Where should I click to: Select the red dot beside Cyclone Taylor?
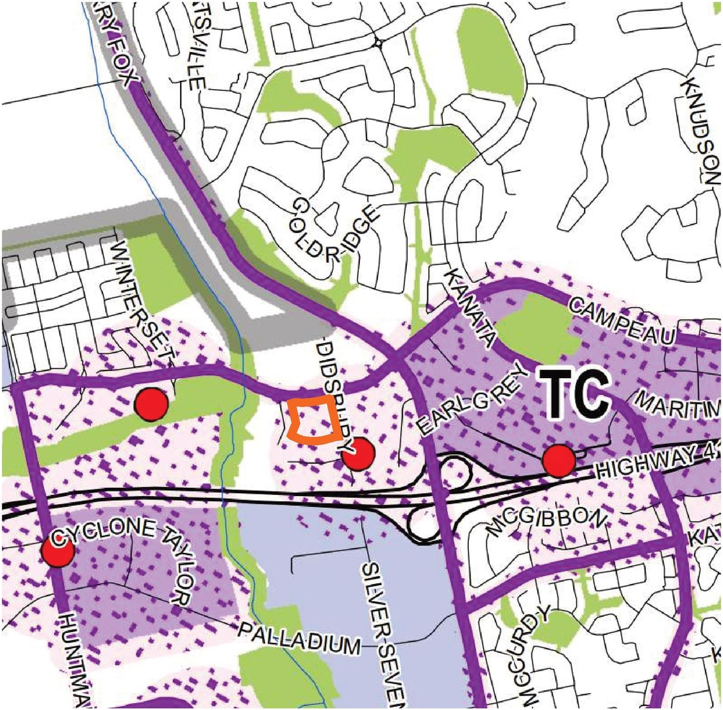[x=57, y=551]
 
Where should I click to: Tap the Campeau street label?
[x=622, y=322]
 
